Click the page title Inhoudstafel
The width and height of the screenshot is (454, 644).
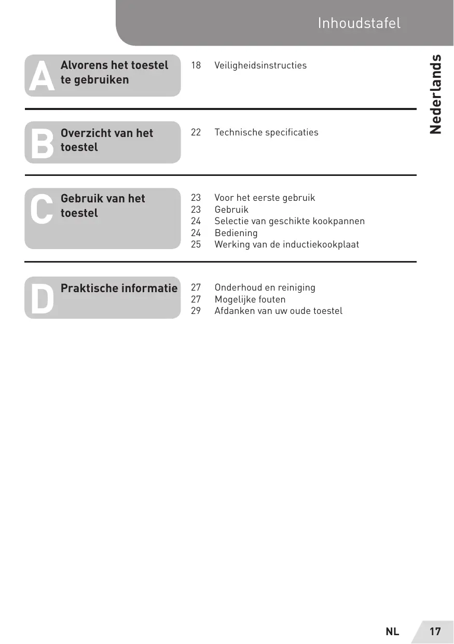point(359,23)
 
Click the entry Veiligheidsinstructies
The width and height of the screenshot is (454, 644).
point(260,65)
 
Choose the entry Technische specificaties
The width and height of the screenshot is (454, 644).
point(266,132)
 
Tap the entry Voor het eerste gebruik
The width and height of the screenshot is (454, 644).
point(265,198)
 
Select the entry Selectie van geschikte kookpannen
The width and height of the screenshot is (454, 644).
point(290,221)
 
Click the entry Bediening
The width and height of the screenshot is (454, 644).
point(236,233)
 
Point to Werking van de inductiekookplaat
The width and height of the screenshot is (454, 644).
point(286,244)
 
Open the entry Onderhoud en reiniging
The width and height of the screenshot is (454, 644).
point(265,287)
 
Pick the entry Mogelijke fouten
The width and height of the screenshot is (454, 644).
point(250,299)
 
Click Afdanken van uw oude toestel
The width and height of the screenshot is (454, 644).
point(278,311)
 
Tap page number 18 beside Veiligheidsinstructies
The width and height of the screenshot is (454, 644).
point(196,65)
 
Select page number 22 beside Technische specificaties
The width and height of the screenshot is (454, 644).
point(196,132)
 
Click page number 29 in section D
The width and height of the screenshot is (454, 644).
point(196,311)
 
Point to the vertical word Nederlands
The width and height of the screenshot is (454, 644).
point(436,94)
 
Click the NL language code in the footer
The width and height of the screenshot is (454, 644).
point(392,632)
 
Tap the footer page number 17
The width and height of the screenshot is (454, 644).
point(435,632)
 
